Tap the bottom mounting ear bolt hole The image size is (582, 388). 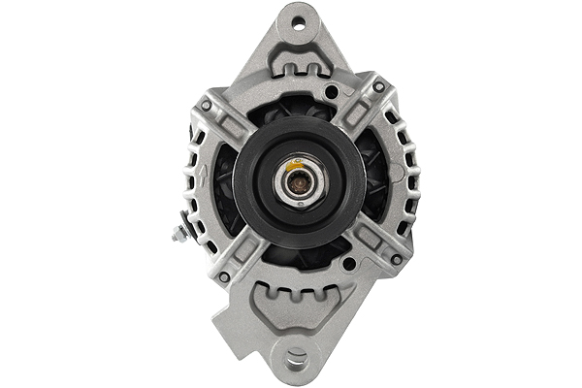pos(296,360)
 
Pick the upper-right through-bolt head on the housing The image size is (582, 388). pos(378,87)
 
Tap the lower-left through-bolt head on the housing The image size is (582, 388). pos(224,277)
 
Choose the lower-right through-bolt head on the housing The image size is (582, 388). pos(396,259)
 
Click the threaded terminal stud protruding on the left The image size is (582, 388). pos(180,234)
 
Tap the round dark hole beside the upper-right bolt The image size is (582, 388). pos(333,92)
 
